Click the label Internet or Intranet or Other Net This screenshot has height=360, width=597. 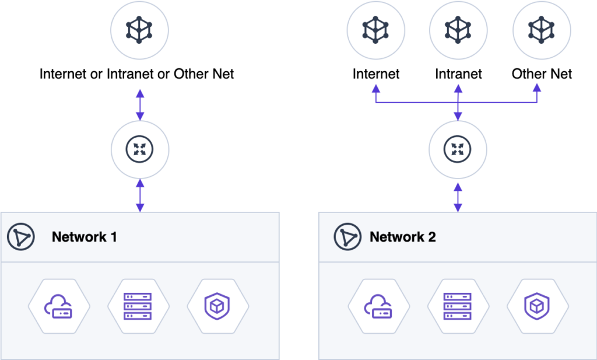click(x=137, y=74)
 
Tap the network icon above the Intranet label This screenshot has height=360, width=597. click(x=458, y=29)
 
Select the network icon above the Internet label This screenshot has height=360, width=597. click(x=376, y=29)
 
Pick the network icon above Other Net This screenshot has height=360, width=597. click(x=542, y=29)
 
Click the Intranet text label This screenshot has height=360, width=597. click(x=458, y=74)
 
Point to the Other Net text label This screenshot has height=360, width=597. click(x=542, y=74)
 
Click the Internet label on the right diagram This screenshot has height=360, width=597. click(x=376, y=74)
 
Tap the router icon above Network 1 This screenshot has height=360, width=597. click(x=139, y=150)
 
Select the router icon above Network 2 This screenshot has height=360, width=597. click(x=458, y=150)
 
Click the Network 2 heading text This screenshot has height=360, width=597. click(x=403, y=237)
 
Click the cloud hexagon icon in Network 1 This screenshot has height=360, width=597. click(x=59, y=306)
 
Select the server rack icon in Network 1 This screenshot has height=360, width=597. click(x=138, y=306)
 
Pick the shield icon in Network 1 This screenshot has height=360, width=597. click(x=217, y=306)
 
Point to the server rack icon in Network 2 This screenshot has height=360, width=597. click(x=458, y=306)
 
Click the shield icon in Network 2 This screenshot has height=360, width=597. click(x=537, y=306)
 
